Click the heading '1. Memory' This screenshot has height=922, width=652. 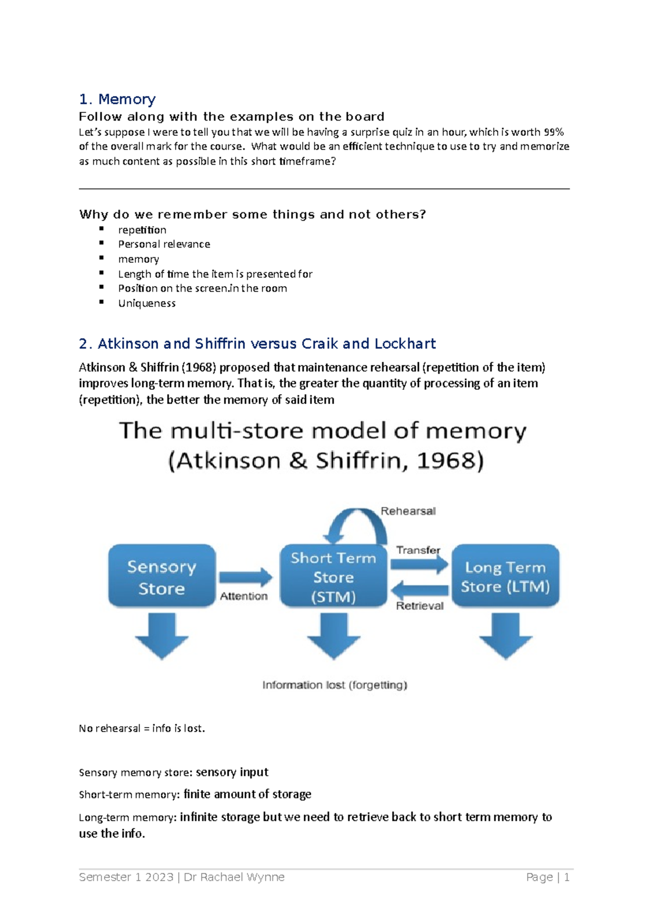(x=117, y=99)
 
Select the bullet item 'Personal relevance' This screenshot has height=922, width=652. (x=164, y=244)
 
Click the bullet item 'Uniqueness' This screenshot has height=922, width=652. (x=147, y=304)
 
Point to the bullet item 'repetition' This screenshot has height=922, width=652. (x=142, y=230)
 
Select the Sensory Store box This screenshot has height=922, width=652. (x=162, y=576)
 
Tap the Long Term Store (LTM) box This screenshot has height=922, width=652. (x=505, y=576)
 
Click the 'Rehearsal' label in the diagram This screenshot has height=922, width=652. (x=408, y=511)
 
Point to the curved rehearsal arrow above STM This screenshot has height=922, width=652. (x=355, y=521)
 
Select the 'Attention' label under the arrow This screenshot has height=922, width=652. (x=243, y=596)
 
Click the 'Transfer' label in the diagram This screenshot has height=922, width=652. (x=418, y=550)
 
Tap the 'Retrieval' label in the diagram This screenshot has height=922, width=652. (x=419, y=606)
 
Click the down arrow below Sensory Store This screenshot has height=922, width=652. (x=162, y=635)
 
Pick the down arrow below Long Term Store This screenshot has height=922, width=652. (x=505, y=635)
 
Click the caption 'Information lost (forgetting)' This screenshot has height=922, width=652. (x=335, y=685)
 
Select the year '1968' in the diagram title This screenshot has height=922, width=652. (x=449, y=461)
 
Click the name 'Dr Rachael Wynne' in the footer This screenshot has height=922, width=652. (x=234, y=877)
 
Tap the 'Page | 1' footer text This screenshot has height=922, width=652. (x=548, y=877)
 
